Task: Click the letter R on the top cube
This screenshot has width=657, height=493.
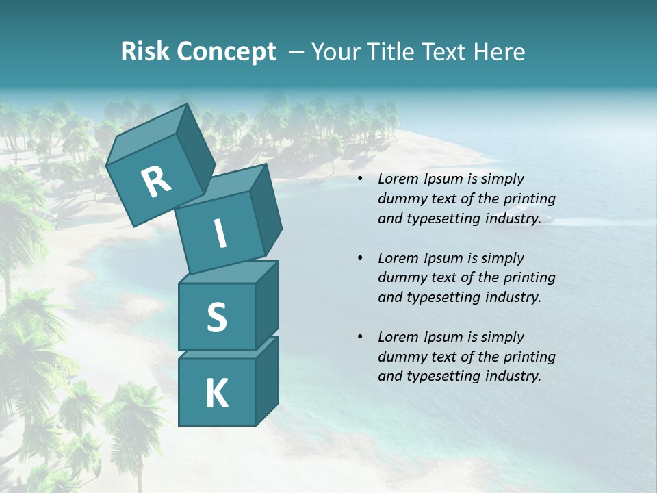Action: pos(156,183)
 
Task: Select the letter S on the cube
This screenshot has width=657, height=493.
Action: pos(216,318)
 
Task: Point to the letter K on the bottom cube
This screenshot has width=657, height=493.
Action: pos(216,394)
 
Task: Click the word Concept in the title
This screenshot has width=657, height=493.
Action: pos(227,52)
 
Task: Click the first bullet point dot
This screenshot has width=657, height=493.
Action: pos(360,179)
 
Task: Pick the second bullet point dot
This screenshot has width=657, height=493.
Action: pos(360,259)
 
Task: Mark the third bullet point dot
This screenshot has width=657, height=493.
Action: pos(360,338)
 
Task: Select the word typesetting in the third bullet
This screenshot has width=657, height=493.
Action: pos(445,376)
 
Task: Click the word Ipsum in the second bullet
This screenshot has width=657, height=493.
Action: pos(443,258)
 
